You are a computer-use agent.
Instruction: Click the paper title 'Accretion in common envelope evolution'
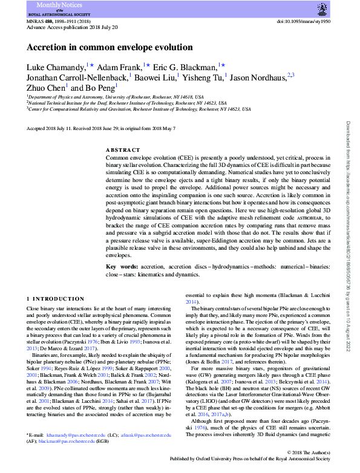click(110, 47)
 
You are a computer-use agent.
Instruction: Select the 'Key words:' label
click(120, 267)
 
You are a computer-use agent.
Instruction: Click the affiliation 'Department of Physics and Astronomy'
click(67, 97)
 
